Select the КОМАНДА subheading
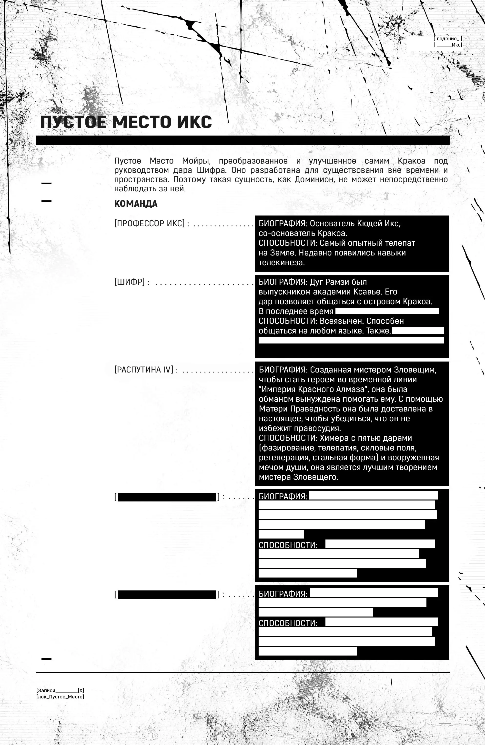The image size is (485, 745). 136,204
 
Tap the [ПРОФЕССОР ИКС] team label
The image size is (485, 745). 150,224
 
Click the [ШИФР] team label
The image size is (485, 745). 129,282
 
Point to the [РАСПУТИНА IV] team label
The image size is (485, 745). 144,370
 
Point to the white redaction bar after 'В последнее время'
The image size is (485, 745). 387,311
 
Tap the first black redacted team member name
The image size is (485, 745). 167,497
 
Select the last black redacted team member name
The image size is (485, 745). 167,594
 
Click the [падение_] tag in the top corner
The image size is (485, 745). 448,39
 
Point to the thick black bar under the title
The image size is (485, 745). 242,140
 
